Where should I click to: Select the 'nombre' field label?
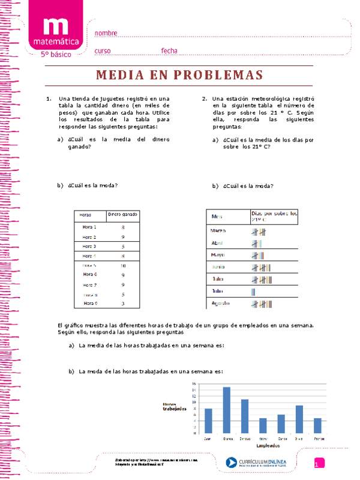click(x=106, y=33)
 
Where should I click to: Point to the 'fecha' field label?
click(x=169, y=50)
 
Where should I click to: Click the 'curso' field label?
click(x=103, y=50)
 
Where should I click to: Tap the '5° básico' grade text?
click(x=55, y=55)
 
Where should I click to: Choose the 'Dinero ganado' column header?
click(x=122, y=214)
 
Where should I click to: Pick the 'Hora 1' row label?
click(x=89, y=227)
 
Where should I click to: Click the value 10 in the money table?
click(x=122, y=265)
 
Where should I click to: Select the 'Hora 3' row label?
click(x=89, y=246)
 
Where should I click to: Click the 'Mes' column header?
click(x=217, y=216)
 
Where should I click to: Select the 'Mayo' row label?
click(x=217, y=255)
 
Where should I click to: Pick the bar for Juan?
click(x=208, y=421)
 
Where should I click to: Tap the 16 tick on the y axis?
click(x=194, y=384)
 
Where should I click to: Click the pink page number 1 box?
click(x=319, y=463)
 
